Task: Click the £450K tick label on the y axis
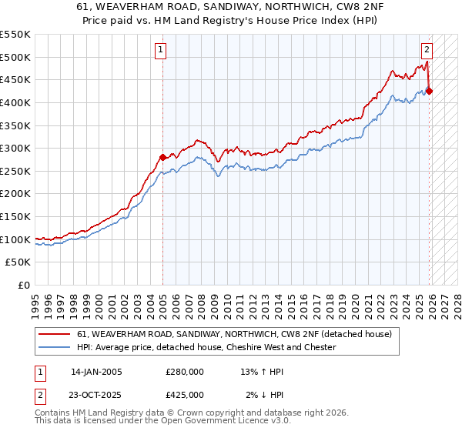coord(15,79)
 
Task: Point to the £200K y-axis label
coord(15,194)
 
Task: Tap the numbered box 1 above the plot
coord(161,50)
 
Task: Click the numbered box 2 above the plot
coord(427,50)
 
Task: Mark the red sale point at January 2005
coord(162,157)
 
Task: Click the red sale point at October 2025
coord(429,91)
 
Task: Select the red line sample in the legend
coord(55,334)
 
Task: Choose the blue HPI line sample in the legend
coord(55,347)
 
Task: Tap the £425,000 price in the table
coord(185,395)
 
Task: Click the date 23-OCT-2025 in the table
coord(96,395)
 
